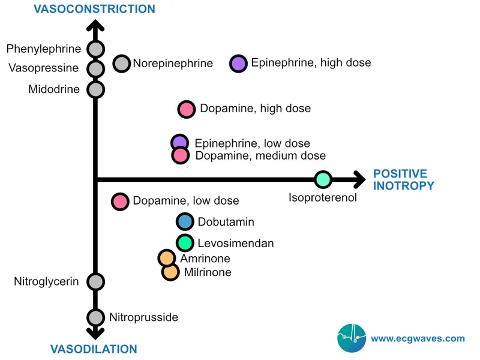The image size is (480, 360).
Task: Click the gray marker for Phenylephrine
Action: pos(95,49)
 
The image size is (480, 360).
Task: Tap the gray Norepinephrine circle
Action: pos(122,63)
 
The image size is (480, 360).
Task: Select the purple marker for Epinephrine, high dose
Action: pos(239,63)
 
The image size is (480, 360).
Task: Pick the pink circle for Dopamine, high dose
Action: pos(187,109)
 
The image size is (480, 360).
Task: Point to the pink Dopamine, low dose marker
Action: pos(121,201)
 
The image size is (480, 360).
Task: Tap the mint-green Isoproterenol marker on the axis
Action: pos(323,179)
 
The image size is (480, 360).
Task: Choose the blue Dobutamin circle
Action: pos(185,222)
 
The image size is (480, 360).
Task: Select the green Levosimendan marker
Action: pos(185,243)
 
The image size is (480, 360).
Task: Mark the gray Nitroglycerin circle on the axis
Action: pos(95,281)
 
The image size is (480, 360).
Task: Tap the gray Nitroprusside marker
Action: pos(95,317)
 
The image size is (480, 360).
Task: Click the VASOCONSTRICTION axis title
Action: pos(94,9)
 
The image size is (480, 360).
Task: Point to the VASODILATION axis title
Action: pos(94,349)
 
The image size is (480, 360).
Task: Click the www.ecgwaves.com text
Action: pos(418,338)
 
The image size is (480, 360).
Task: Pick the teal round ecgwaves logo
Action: pos(352,338)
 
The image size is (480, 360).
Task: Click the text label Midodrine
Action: pos(53,89)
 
